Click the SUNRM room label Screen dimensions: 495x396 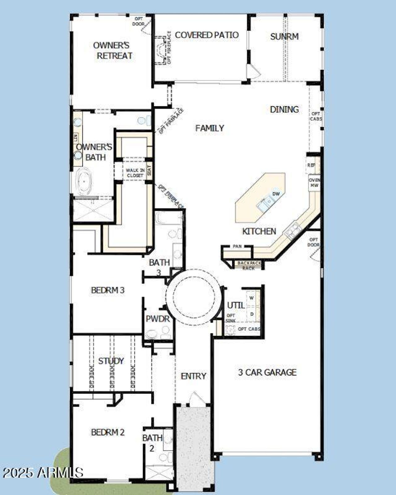pyautogui.click(x=284, y=36)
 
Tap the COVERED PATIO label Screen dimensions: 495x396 pyautogui.click(x=207, y=35)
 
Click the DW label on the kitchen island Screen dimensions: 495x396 pyautogui.click(x=276, y=194)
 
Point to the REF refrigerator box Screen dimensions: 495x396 pyautogui.click(x=311, y=165)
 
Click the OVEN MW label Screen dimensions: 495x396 pyautogui.click(x=314, y=183)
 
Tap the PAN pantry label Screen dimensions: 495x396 pyautogui.click(x=237, y=246)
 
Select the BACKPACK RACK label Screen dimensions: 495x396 pyautogui.click(x=249, y=265)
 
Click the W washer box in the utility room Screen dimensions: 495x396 pyautogui.click(x=252, y=298)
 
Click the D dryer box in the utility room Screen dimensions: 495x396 pyautogui.click(x=252, y=314)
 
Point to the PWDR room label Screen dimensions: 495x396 pyautogui.click(x=158, y=319)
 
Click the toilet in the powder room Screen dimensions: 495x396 pyautogui.click(x=152, y=334)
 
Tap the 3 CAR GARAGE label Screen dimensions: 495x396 pyautogui.click(x=267, y=372)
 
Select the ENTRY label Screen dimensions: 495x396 pyautogui.click(x=193, y=376)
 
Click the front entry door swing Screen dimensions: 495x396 pyautogui.click(x=196, y=398)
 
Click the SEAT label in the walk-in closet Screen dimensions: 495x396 pyautogui.click(x=149, y=170)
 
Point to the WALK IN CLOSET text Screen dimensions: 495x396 pyautogui.click(x=135, y=173)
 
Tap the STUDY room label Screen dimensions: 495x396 pyautogui.click(x=111, y=361)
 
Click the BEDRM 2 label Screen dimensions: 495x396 pyautogui.click(x=108, y=432)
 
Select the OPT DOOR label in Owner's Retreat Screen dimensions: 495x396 pyautogui.click(x=139, y=21)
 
